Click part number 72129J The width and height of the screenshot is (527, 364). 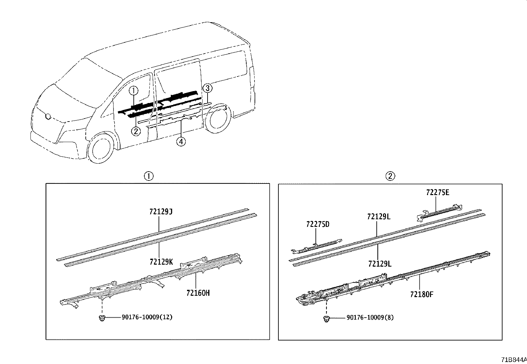pyautogui.click(x=161, y=211)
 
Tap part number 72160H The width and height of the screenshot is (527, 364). pyautogui.click(x=198, y=293)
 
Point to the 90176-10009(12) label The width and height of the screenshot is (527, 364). pyautogui.click(x=147, y=317)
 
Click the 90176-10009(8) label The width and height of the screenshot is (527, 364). pyautogui.click(x=370, y=317)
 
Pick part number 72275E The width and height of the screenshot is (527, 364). pyautogui.click(x=438, y=192)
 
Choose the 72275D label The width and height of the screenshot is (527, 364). pyautogui.click(x=317, y=224)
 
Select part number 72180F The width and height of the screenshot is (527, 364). pyautogui.click(x=421, y=294)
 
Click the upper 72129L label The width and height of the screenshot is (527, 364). pyautogui.click(x=379, y=217)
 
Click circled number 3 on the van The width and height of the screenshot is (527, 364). pyautogui.click(x=207, y=88)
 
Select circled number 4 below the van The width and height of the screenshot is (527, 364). pyautogui.click(x=181, y=142)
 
